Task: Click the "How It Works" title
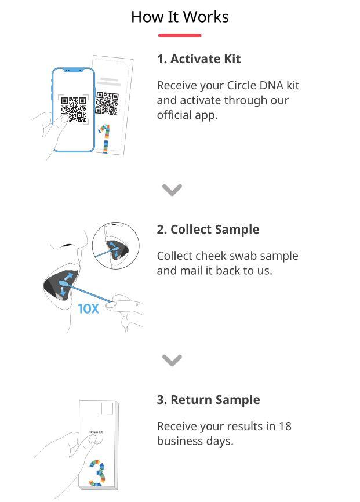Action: [x=180, y=17]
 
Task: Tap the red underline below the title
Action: [x=180, y=35]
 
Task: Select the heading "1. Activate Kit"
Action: [x=198, y=59]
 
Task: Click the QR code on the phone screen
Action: [x=74, y=109]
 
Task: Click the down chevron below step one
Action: [x=172, y=190]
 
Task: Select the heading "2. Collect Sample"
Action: [x=208, y=230]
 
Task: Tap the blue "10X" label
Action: [x=89, y=309]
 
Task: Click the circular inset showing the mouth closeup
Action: [x=116, y=245]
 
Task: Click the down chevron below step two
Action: [x=172, y=360]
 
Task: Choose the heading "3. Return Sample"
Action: [x=208, y=400]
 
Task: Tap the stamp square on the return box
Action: [x=107, y=410]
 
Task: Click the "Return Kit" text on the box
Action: [x=96, y=432]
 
